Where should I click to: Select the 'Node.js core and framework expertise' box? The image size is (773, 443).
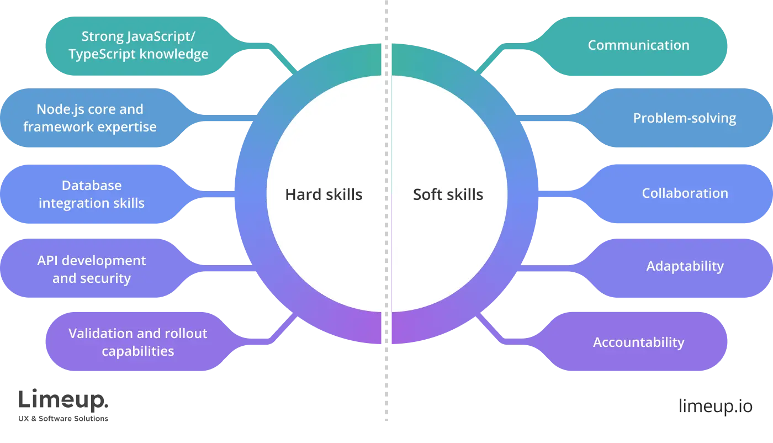pyautogui.click(x=90, y=118)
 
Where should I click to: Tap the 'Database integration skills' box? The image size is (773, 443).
pyautogui.click(x=92, y=194)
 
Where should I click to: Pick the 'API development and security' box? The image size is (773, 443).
pyautogui.click(x=92, y=269)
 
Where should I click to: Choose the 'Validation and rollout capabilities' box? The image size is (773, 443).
pyautogui.click(x=138, y=342)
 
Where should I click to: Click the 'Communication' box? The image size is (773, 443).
pyautogui.click(x=638, y=45)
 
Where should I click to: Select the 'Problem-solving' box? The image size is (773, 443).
pyautogui.click(x=684, y=118)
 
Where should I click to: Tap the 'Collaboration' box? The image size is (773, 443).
pyautogui.click(x=685, y=193)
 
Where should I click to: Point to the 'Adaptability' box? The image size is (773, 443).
pyautogui.click(x=685, y=266)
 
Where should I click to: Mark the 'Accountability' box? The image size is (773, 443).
pyautogui.click(x=638, y=342)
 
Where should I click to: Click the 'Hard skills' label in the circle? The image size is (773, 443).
pyautogui.click(x=324, y=194)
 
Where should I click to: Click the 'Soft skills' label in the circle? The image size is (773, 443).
pyautogui.click(x=448, y=194)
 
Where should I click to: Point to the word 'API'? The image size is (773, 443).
pyautogui.click(x=48, y=261)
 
